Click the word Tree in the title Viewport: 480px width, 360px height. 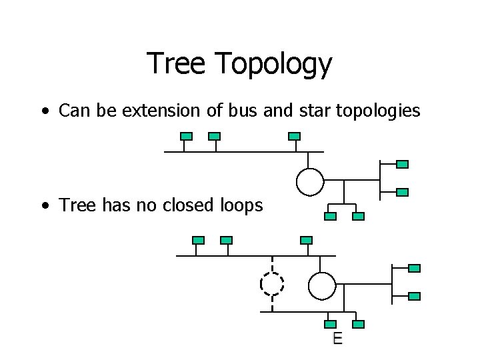coord(175,64)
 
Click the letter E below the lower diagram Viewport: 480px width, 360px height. coord(338,339)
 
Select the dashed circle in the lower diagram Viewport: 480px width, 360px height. coord(272,284)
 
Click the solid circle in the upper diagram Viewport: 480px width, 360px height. coord(310,181)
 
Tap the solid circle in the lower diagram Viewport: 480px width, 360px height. coord(322,285)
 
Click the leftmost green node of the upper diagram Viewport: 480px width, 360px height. coord(187,136)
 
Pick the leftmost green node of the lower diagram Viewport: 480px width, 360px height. coord(198,240)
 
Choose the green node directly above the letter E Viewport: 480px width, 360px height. coord(331,325)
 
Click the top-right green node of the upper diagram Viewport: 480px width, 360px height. coord(402,164)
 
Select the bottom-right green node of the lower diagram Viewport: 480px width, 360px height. coord(414,295)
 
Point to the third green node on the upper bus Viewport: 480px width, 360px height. coord(294,136)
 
